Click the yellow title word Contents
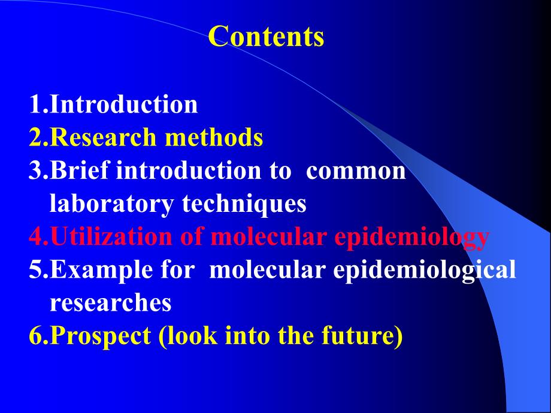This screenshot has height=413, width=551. pyautogui.click(x=266, y=36)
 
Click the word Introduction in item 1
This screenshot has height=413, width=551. pyautogui.click(x=124, y=104)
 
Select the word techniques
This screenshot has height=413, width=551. pyautogui.click(x=244, y=204)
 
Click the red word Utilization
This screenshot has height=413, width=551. pyautogui.click(x=111, y=236)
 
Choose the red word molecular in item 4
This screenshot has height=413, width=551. pyautogui.click(x=268, y=236)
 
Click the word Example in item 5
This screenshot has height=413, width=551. pyautogui.click(x=102, y=271)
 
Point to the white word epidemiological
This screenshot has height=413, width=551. pyautogui.click(x=425, y=271)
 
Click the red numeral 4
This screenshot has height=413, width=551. pyautogui.click(x=36, y=236)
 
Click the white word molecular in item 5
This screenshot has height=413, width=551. pyautogui.click(x=267, y=270)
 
